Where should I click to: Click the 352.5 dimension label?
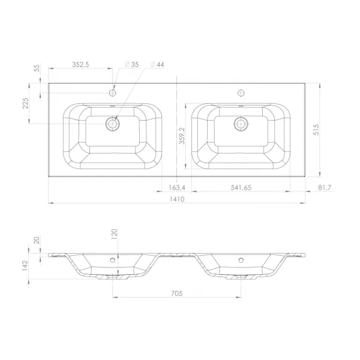pos(80,65)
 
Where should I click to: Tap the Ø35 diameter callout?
pos(132,65)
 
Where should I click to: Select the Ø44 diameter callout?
pos(157,65)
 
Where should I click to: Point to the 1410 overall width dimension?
pos(177,199)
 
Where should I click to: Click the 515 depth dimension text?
pos(316,130)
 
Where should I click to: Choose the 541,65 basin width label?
pos(241,188)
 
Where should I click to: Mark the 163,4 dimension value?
pos(177,188)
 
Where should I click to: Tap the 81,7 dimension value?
pos(325,188)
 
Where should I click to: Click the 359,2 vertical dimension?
pos(182,136)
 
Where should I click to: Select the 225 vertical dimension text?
pos(25,103)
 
